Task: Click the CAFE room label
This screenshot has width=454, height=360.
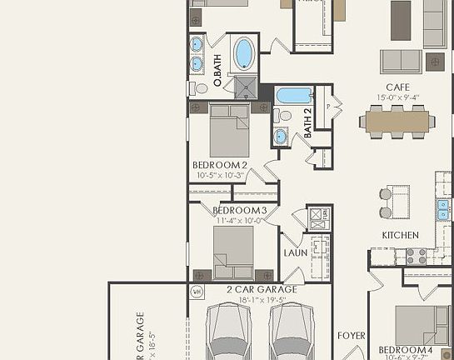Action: tap(397, 87)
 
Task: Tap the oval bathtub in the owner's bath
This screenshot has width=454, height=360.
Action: tap(244, 54)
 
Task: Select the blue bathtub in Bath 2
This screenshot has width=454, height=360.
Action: tap(292, 95)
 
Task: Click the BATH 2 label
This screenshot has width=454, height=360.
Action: tap(307, 122)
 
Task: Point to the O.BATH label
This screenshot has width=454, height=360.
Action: tap(217, 72)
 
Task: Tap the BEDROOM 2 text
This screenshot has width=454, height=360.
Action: tap(220, 165)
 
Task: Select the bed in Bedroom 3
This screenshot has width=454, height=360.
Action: tap(233, 250)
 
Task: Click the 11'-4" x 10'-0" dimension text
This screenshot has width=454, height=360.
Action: tap(239, 221)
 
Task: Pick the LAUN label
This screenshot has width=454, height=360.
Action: tap(296, 252)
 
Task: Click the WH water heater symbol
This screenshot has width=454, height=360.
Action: tap(197, 292)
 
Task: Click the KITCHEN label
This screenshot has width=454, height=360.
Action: tap(400, 236)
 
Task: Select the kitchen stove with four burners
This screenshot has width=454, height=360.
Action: tap(416, 255)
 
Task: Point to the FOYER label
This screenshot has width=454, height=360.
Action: tap(352, 336)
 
